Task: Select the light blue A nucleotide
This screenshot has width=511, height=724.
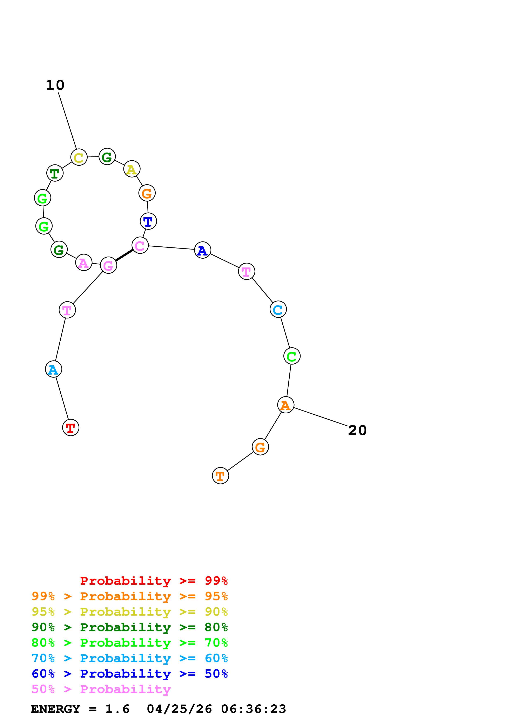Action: pos(54,369)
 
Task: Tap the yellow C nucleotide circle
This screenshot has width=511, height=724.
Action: pos(79,157)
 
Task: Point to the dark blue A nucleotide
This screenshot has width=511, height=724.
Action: pos(202,250)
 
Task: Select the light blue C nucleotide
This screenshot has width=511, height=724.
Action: pos(278,309)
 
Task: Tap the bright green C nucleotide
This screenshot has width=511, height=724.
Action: pos(292,356)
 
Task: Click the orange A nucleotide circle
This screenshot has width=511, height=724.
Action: pos(285,405)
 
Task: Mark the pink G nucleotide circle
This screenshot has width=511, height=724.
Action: pos(108,265)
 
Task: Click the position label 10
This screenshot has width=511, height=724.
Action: pos(55,85)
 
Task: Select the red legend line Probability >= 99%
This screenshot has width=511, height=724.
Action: pos(154,581)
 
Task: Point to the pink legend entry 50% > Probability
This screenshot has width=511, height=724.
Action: pos(101,689)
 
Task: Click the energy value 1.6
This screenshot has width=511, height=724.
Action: pos(117,709)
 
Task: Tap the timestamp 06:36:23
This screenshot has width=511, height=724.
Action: pos(254,709)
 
